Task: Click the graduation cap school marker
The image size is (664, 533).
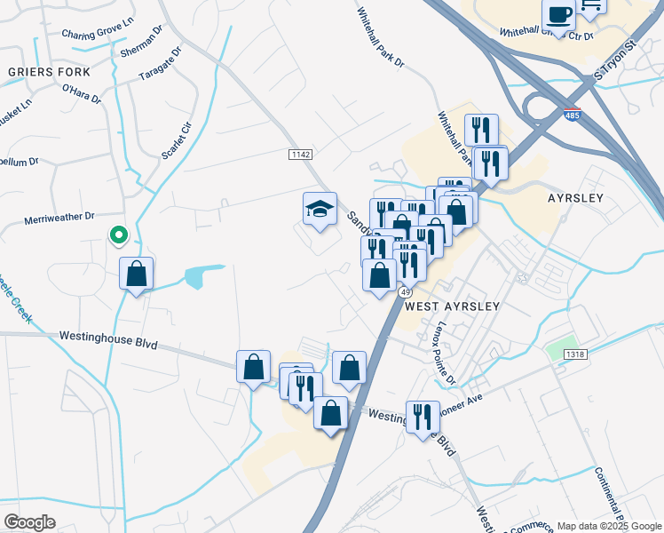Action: pyautogui.click(x=320, y=210)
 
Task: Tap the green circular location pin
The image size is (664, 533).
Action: pyautogui.click(x=117, y=235)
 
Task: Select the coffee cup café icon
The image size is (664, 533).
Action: pyautogui.click(x=559, y=15)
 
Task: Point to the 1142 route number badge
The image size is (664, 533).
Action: pyautogui.click(x=301, y=155)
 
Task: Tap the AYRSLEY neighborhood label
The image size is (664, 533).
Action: pyautogui.click(x=576, y=198)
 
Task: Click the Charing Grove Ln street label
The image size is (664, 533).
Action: pyautogui.click(x=98, y=34)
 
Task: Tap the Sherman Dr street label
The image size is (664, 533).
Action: pyautogui.click(x=141, y=41)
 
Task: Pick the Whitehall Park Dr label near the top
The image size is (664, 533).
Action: pyautogui.click(x=380, y=39)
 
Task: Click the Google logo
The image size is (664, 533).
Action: pyautogui.click(x=29, y=522)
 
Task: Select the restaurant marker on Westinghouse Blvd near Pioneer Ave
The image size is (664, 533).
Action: pyautogui.click(x=423, y=417)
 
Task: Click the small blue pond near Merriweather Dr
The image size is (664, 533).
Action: pyautogui.click(x=200, y=277)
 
